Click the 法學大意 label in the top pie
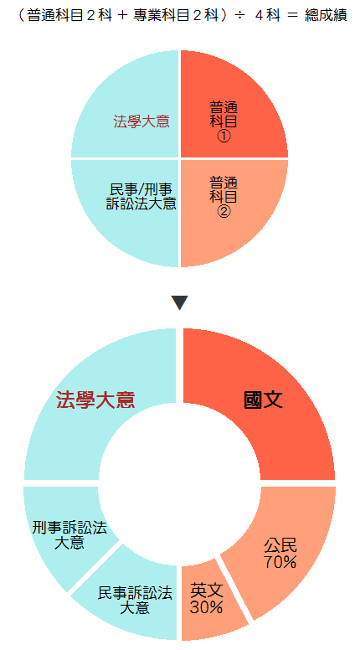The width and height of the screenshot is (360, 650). click(141, 122)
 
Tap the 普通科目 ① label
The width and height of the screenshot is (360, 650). click(224, 122)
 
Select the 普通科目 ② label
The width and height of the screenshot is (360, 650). click(224, 196)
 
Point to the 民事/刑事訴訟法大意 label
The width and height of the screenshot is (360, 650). click(141, 197)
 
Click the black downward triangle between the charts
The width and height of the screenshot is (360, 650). click(180, 302)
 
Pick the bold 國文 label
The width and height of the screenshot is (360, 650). click(263, 400)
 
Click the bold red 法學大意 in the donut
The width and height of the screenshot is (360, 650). click(95, 400)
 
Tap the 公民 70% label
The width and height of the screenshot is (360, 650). click(280, 554)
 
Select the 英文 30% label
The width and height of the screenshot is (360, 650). click(206, 598)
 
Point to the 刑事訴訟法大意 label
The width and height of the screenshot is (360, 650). click(69, 534)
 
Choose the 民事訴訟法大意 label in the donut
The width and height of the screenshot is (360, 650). click(135, 601)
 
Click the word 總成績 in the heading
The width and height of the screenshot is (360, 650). click(326, 15)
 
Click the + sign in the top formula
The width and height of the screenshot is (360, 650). click(121, 16)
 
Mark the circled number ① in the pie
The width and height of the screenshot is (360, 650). click(224, 137)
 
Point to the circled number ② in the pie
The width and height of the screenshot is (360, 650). click(224, 211)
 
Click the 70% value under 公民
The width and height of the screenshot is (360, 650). click(280, 562)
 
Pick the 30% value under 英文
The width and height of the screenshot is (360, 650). click(206, 607)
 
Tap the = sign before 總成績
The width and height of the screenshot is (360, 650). click(292, 16)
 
